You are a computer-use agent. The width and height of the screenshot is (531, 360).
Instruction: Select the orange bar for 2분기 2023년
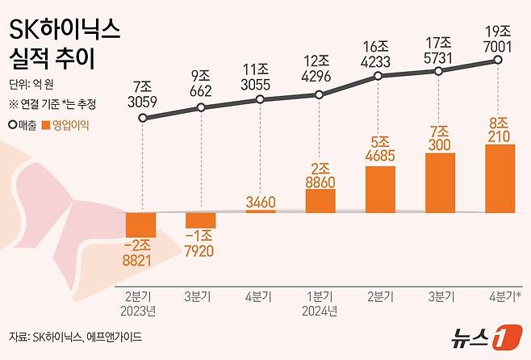(x=141, y=224)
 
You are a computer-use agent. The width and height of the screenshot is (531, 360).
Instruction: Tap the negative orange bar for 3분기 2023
(x=201, y=220)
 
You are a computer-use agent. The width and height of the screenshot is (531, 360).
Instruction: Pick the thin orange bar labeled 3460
(x=260, y=211)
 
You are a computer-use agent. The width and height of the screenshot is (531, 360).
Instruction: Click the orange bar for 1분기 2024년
(x=320, y=201)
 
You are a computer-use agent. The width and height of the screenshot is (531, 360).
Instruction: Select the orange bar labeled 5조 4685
(x=380, y=189)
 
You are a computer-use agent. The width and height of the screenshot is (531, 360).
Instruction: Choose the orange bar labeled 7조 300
(x=440, y=182)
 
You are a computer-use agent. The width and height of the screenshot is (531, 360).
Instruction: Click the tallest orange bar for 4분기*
(x=500, y=178)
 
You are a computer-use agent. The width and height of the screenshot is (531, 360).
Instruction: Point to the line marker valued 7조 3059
(x=143, y=118)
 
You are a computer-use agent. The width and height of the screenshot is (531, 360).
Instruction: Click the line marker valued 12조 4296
(x=320, y=94)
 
